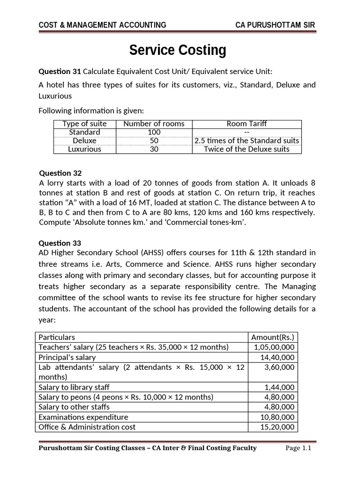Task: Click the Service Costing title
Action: pyautogui.click(x=178, y=50)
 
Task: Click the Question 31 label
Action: pyautogui.click(x=60, y=71)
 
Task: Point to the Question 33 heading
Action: pyautogui.click(x=60, y=243)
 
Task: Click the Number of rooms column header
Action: pyautogui.click(x=154, y=124)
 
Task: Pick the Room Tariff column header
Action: pyautogui.click(x=247, y=124)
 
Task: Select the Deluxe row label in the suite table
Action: pyautogui.click(x=84, y=141)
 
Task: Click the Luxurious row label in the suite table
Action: pyautogui.click(x=84, y=149)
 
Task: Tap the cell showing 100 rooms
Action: pyautogui.click(x=154, y=132)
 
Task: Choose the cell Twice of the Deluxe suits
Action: pyautogui.click(x=247, y=149)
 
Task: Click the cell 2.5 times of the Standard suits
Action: pyautogui.click(x=247, y=141)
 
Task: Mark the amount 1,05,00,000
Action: pyautogui.click(x=274, y=347)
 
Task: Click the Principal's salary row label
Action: pyautogui.click(x=67, y=357)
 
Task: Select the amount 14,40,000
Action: pyautogui.click(x=277, y=357)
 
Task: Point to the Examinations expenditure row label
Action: pyautogui.click(x=83, y=417)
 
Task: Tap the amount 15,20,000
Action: pyautogui.click(x=277, y=427)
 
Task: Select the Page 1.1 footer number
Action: pyautogui.click(x=299, y=448)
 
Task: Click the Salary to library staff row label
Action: pyautogui.click(x=74, y=387)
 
